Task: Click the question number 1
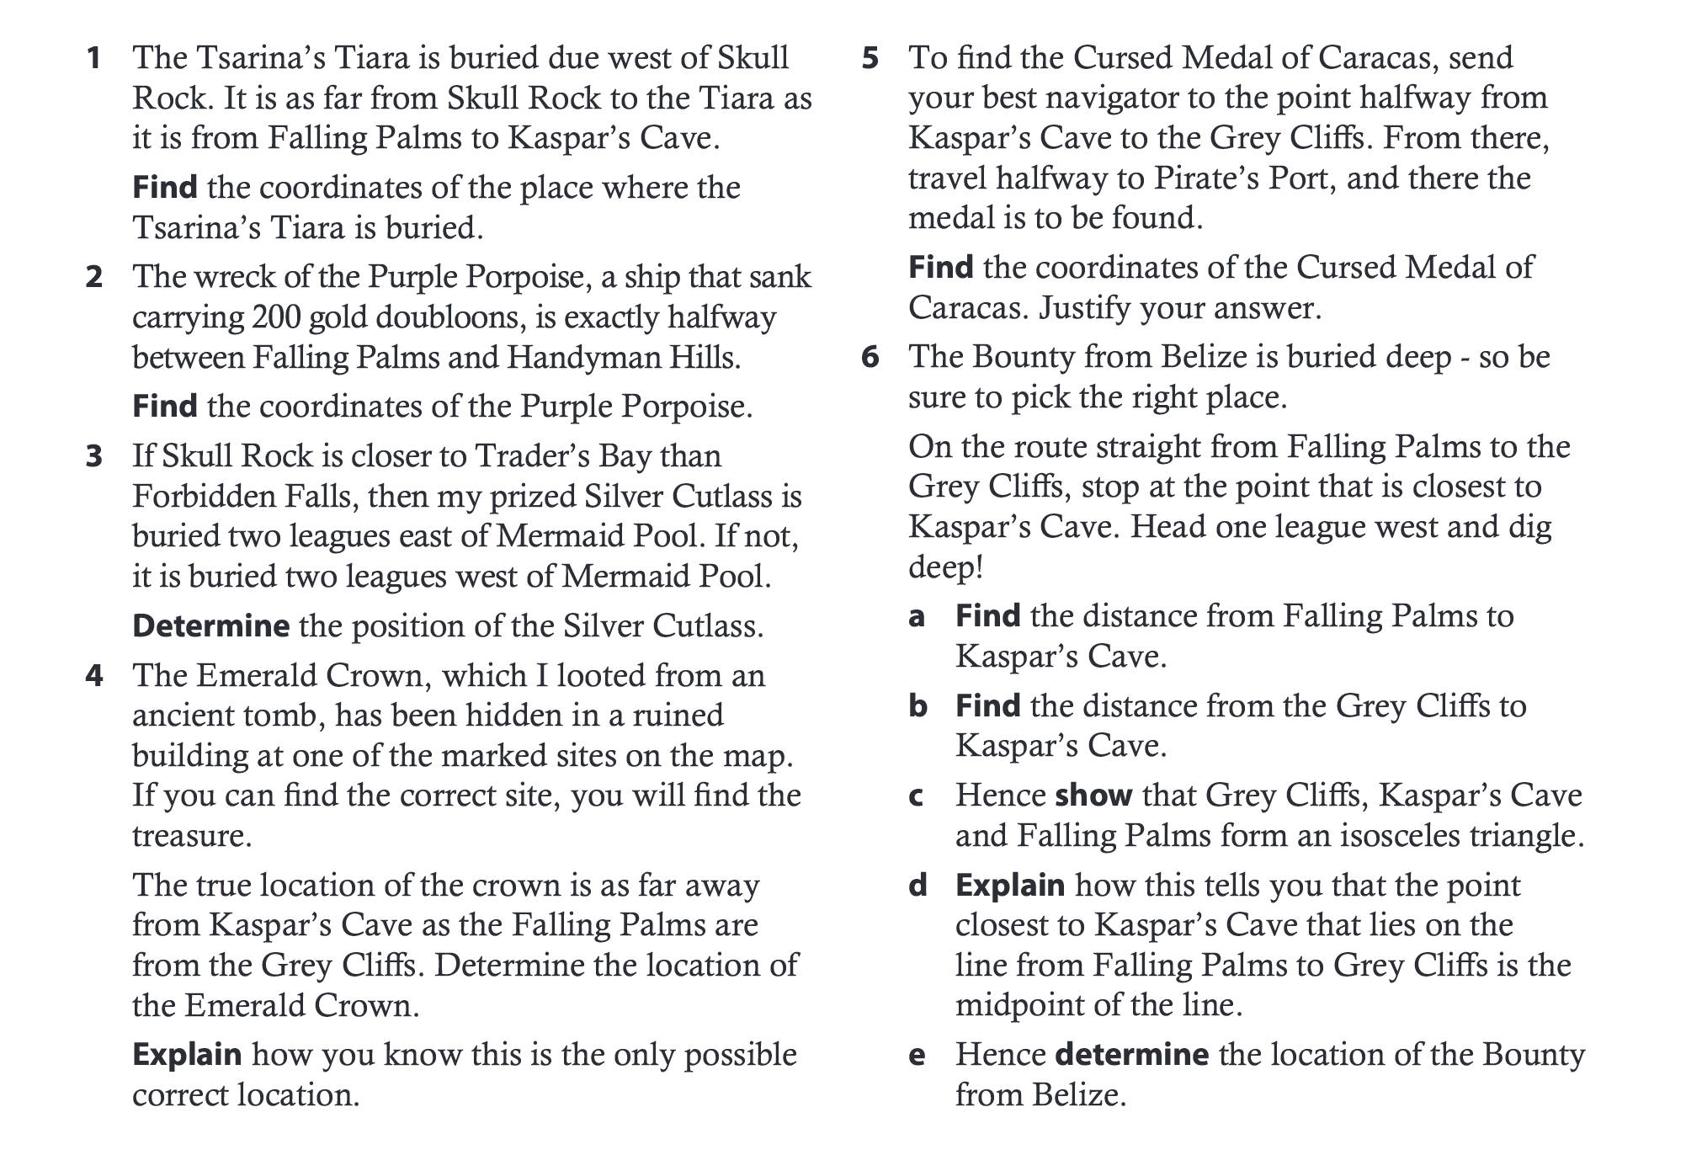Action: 94,58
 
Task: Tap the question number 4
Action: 94,676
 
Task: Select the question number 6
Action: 870,357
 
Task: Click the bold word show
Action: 1093,796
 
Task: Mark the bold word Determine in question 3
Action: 211,626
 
